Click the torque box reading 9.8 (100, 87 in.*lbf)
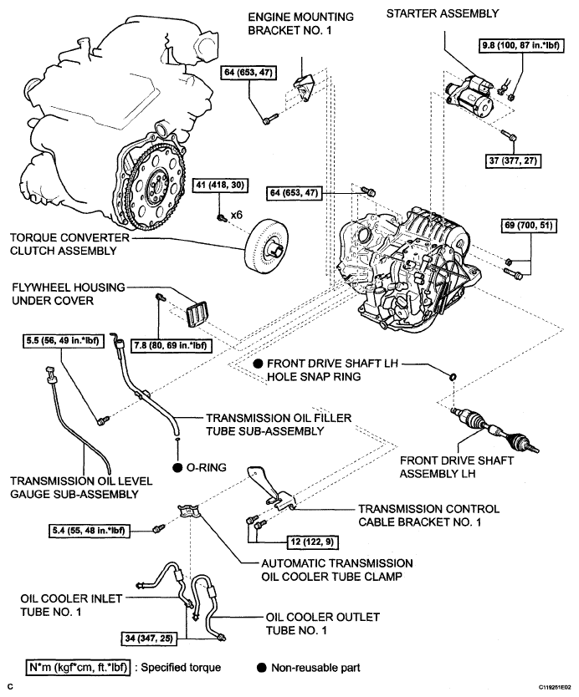tap(521, 45)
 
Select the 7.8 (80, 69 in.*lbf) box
tap(171, 345)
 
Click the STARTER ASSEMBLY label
tap(443, 13)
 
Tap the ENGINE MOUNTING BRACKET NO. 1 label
tap(301, 23)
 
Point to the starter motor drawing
tap(470, 94)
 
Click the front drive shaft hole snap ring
tap(453, 377)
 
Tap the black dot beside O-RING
tap(177, 468)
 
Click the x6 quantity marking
tap(236, 215)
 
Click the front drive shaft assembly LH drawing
tap(494, 430)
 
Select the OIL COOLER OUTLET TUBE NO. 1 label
tap(323, 623)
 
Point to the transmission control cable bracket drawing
tap(271, 489)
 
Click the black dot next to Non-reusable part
tap(262, 668)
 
